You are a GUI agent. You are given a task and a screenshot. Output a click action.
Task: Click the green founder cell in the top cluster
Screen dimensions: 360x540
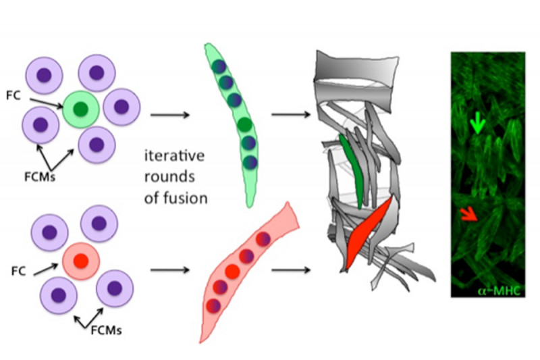pyautogui.click(x=81, y=107)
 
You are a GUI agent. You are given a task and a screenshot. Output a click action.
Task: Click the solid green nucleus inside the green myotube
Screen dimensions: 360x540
pyautogui.click(x=244, y=124)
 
